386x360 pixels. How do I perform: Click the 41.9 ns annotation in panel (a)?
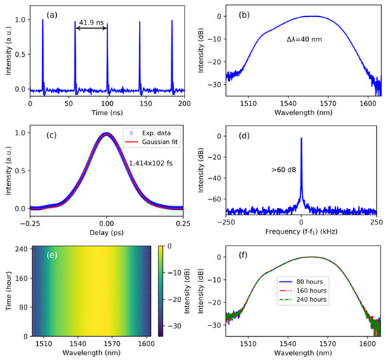click(91, 22)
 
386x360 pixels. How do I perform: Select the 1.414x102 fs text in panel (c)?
click(152, 164)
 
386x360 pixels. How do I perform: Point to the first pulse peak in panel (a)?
click(42, 20)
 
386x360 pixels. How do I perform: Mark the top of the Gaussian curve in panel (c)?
click(106, 133)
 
